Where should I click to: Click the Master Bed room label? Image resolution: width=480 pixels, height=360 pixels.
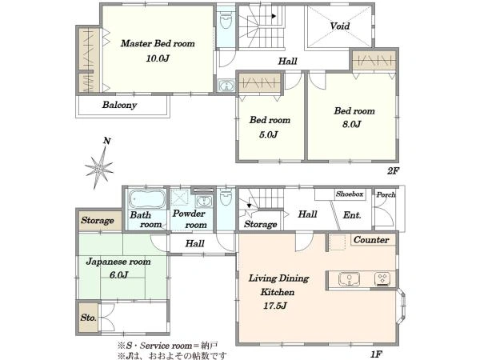(x=158, y=43)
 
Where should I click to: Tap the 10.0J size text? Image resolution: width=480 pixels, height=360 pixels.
(x=158, y=58)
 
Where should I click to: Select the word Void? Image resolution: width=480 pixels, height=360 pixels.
(x=340, y=26)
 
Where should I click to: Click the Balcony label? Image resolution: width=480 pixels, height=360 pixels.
(x=119, y=105)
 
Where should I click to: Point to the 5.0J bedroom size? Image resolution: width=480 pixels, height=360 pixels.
(x=269, y=134)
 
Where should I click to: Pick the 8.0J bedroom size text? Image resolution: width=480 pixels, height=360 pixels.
(x=352, y=124)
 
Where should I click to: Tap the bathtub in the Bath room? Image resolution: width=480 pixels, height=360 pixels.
(x=146, y=199)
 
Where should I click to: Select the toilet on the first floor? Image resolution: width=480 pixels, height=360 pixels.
(x=226, y=196)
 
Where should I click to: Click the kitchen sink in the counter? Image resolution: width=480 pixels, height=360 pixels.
(x=349, y=279)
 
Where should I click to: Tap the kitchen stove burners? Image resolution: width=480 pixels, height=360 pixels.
(x=382, y=279)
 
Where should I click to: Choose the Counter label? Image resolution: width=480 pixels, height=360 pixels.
(x=371, y=240)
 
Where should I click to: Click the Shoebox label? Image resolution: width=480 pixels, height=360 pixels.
(x=350, y=194)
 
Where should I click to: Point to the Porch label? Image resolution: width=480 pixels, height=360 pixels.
(x=386, y=194)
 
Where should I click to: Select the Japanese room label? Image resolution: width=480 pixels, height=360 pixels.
(x=118, y=262)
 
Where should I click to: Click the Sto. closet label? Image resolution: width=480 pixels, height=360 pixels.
(x=89, y=318)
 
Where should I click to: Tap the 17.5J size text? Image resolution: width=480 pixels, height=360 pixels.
(x=275, y=306)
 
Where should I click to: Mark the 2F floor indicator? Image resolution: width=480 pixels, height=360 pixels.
(x=394, y=171)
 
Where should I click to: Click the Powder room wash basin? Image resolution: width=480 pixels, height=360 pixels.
(x=203, y=201)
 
